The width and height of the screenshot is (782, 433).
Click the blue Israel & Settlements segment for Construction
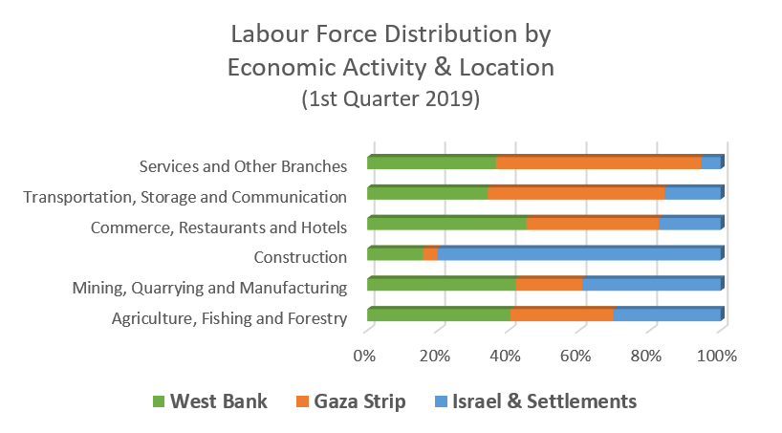pos(578,254)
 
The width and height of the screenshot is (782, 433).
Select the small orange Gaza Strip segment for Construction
pos(430,254)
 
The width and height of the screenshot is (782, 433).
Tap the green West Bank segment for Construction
pos(394,254)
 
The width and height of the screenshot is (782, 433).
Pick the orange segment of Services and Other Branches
pos(598,162)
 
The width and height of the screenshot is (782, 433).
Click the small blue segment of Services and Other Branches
pos(710,162)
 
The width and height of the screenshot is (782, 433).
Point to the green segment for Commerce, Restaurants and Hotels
pos(446,224)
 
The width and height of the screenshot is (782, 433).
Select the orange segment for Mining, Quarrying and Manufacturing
pos(549,285)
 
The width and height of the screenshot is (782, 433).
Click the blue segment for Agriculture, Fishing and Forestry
pos(666,315)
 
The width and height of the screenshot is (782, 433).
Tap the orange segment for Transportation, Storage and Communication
pos(576,193)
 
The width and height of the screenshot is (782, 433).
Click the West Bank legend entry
pos(209,401)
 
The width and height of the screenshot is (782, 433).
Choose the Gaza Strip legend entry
pos(351,401)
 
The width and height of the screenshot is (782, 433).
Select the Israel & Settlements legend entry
pos(534,401)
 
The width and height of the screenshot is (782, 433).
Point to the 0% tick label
pos(365,356)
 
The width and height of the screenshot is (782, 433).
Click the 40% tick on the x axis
pos(505,356)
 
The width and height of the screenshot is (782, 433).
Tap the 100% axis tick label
pos(718,356)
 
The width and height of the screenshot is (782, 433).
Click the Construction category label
pos(299,257)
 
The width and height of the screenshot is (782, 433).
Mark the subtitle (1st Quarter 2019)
pos(391,98)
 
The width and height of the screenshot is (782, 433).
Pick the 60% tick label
pos(576,356)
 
